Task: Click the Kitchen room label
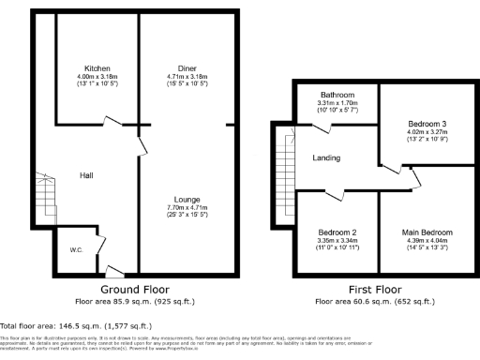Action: point(97,68)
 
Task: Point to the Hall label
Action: point(85,175)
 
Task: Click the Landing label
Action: point(326,157)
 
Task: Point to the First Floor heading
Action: point(370,291)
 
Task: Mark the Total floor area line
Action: point(60,323)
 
